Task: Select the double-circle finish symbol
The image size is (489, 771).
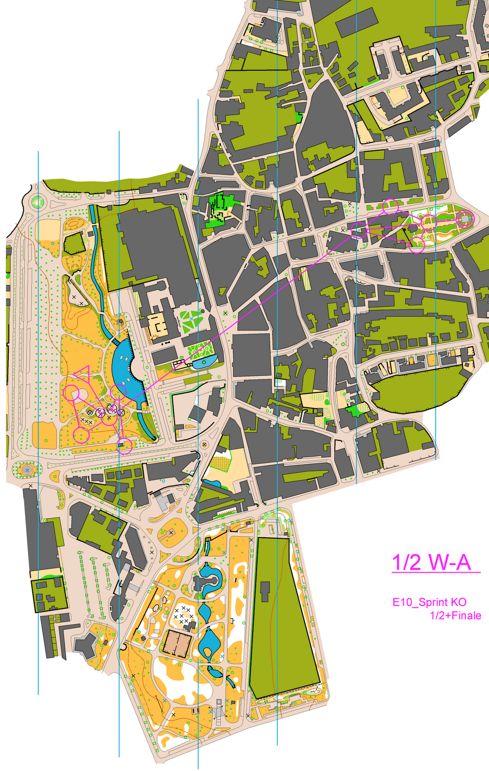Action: (465, 219)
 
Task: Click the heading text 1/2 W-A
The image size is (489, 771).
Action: (431, 562)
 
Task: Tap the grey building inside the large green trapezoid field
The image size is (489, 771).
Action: (265, 591)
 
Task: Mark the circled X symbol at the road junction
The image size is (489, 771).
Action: (204, 444)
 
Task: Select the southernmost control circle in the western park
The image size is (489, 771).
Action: (125, 447)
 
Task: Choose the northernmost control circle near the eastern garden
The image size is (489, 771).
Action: (390, 206)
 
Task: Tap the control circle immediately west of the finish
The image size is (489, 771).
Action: (429, 223)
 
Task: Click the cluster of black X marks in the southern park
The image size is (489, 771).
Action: (184, 615)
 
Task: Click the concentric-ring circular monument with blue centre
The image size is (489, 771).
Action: (27, 469)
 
